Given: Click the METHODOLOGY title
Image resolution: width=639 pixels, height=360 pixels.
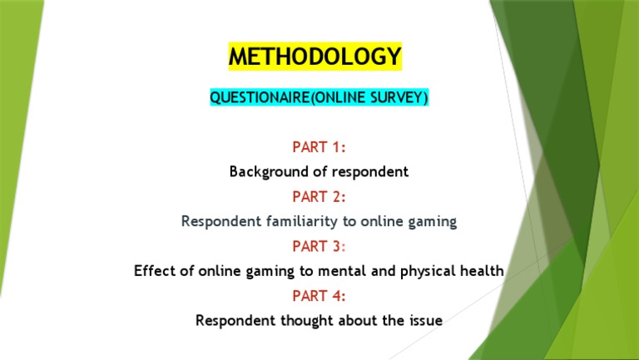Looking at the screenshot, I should tap(315, 57).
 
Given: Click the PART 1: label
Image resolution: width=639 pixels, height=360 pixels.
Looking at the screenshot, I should tap(319, 148).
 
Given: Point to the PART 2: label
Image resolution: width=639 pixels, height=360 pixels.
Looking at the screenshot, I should tap(319, 197).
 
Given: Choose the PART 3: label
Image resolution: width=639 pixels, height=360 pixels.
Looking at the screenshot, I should tap(319, 246).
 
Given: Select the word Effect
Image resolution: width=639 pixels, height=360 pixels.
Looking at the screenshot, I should tap(154, 271).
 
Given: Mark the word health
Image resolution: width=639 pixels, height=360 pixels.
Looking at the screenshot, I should tap(483, 271).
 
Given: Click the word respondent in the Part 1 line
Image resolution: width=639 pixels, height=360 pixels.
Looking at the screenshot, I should tap(371, 172).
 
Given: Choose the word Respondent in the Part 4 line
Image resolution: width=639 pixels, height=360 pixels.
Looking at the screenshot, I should tap(233, 320).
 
